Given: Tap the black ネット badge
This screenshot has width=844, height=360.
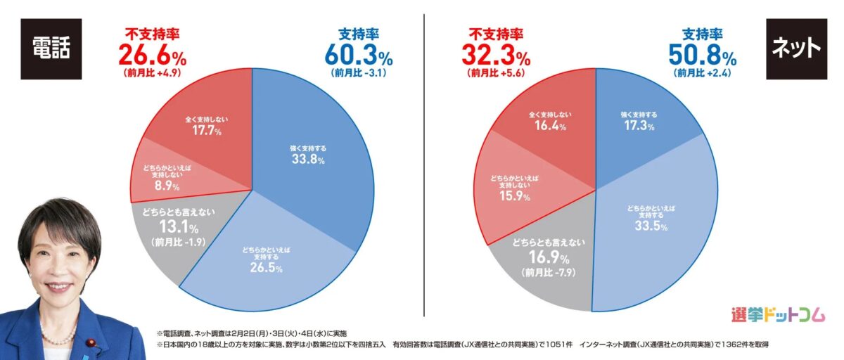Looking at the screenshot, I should point(795,48).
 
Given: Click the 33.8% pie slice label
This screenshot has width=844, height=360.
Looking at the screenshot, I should point(308,160).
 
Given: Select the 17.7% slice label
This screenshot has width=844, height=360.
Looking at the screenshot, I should point(207,131).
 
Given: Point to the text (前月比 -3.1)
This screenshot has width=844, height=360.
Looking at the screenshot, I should point(358,72).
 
